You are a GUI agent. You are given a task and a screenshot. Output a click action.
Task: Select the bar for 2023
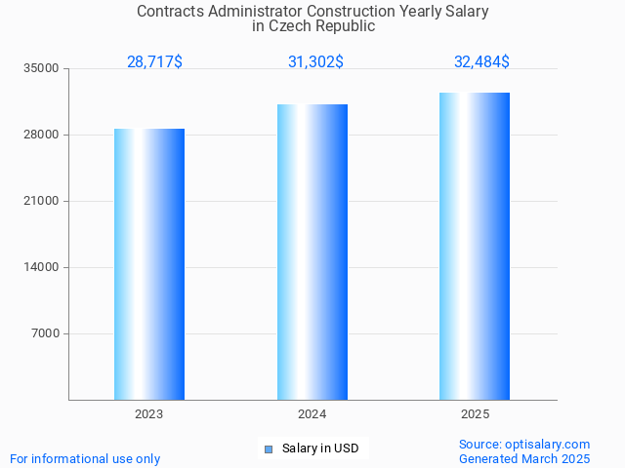(x=149, y=263)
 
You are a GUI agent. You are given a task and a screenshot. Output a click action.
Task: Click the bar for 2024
(x=312, y=252)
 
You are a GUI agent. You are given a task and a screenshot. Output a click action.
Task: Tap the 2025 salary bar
(x=475, y=246)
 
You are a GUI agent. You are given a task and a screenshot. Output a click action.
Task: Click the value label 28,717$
(x=154, y=62)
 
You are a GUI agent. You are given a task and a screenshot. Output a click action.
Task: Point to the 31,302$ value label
(x=315, y=62)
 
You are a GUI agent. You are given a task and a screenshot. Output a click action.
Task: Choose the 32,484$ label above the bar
(x=481, y=62)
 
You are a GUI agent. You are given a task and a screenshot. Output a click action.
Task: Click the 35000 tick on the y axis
(x=42, y=68)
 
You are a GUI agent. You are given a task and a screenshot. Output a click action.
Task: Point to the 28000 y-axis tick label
(x=42, y=135)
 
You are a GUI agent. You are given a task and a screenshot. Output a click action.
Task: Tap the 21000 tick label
(x=42, y=201)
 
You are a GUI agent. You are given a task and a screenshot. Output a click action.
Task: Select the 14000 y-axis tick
(x=42, y=267)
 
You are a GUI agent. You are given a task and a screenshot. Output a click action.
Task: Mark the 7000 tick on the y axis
(x=45, y=333)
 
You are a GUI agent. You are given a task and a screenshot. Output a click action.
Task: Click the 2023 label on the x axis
(x=149, y=414)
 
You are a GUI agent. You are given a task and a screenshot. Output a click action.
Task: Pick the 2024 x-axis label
(x=312, y=414)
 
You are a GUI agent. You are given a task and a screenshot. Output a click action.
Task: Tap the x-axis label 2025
(x=475, y=414)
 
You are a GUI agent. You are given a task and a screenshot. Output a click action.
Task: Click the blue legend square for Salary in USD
(x=269, y=448)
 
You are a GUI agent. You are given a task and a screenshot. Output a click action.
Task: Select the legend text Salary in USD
(x=320, y=448)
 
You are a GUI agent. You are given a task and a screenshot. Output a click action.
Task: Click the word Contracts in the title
(x=171, y=12)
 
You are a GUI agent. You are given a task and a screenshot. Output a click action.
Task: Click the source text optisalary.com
(x=547, y=444)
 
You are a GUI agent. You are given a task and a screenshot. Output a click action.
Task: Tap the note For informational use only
(x=85, y=458)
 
